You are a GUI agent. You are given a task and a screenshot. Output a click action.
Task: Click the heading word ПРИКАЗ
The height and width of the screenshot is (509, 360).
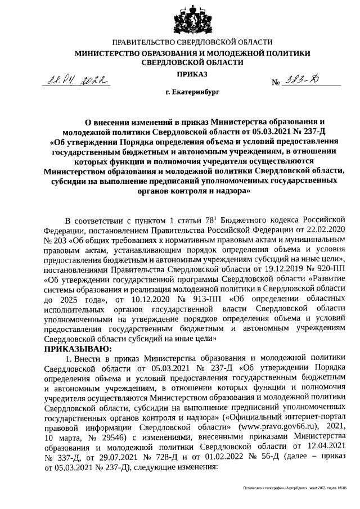pos(192,74)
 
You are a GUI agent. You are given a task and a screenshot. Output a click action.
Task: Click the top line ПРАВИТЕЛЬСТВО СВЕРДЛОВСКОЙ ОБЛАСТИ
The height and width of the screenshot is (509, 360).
pos(192,43)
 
